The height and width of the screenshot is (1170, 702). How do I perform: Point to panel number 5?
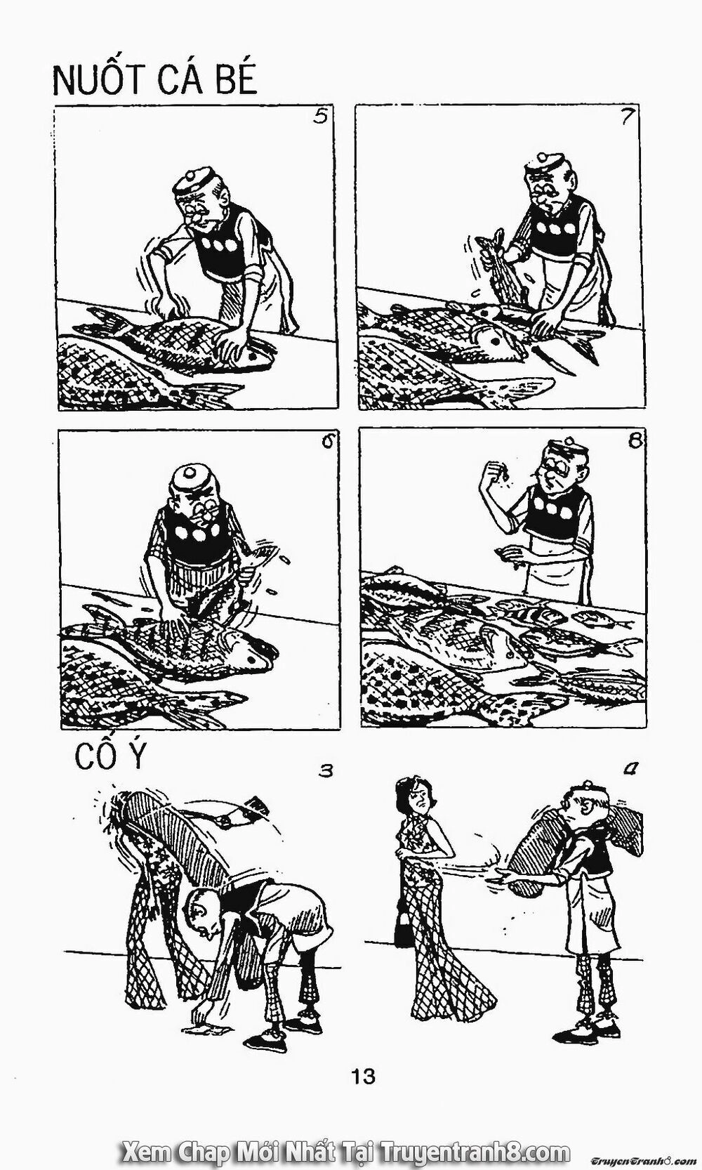coord(320,117)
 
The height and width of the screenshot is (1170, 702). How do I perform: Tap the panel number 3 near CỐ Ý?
coord(324,772)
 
